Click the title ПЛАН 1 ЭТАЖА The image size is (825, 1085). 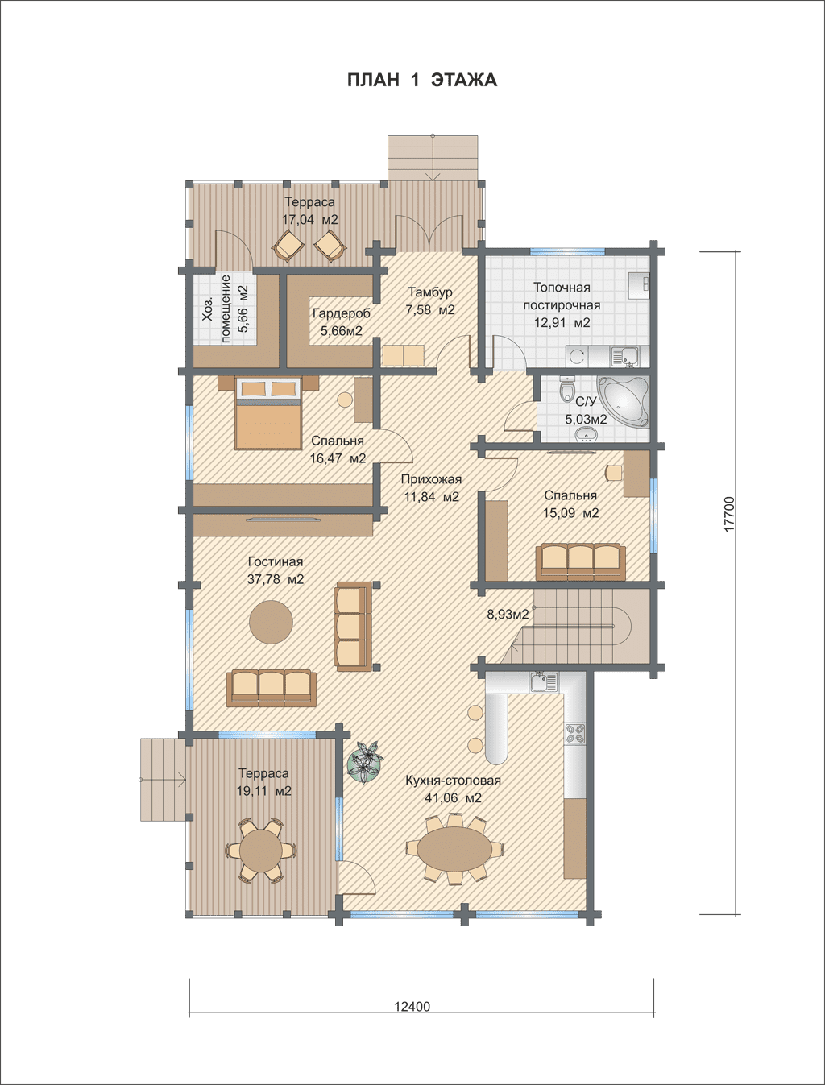421,80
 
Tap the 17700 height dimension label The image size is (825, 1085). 730,514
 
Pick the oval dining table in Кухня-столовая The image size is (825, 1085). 454,848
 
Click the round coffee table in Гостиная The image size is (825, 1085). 271,622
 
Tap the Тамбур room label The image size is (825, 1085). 429,292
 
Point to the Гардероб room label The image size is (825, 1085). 341,313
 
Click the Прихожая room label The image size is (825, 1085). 431,479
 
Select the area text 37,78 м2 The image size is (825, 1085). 276,579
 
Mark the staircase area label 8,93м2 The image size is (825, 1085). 508,615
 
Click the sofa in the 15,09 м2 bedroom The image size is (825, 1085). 581,561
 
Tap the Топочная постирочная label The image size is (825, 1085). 562,296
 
